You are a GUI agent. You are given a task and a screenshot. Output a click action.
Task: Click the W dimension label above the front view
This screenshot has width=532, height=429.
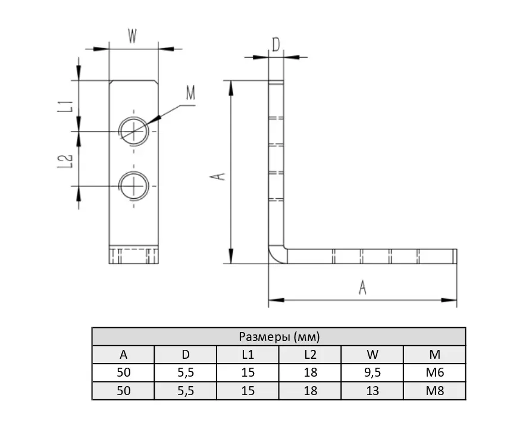point(132,36)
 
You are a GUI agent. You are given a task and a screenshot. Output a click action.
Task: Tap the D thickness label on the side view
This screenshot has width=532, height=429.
point(276,45)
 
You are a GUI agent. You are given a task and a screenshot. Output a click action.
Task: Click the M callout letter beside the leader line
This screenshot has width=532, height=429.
point(190,93)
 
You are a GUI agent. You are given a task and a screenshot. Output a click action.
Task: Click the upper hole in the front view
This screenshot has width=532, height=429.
point(134,131)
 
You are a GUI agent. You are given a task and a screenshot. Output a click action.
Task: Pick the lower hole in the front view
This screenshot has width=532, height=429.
point(134,186)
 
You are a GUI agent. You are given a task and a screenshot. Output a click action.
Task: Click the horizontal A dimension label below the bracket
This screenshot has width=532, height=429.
point(362,287)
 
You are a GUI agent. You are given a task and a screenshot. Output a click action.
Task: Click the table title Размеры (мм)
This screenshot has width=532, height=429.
point(279,336)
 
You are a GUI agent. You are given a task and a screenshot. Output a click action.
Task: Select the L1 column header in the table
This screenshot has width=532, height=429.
point(248,355)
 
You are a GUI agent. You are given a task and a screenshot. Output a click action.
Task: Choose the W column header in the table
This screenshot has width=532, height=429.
point(372,355)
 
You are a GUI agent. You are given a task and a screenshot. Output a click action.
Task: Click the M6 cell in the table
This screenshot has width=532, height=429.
point(434,372)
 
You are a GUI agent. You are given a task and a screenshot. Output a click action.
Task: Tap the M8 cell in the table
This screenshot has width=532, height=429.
point(434,391)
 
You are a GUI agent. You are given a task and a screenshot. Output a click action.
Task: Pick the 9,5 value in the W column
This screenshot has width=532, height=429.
point(372,372)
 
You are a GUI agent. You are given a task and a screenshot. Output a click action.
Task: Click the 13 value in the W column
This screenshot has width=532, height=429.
point(372,391)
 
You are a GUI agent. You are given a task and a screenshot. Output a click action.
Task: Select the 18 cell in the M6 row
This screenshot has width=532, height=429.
point(310,372)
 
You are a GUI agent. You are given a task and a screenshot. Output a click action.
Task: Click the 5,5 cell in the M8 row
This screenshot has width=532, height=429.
point(186,391)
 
